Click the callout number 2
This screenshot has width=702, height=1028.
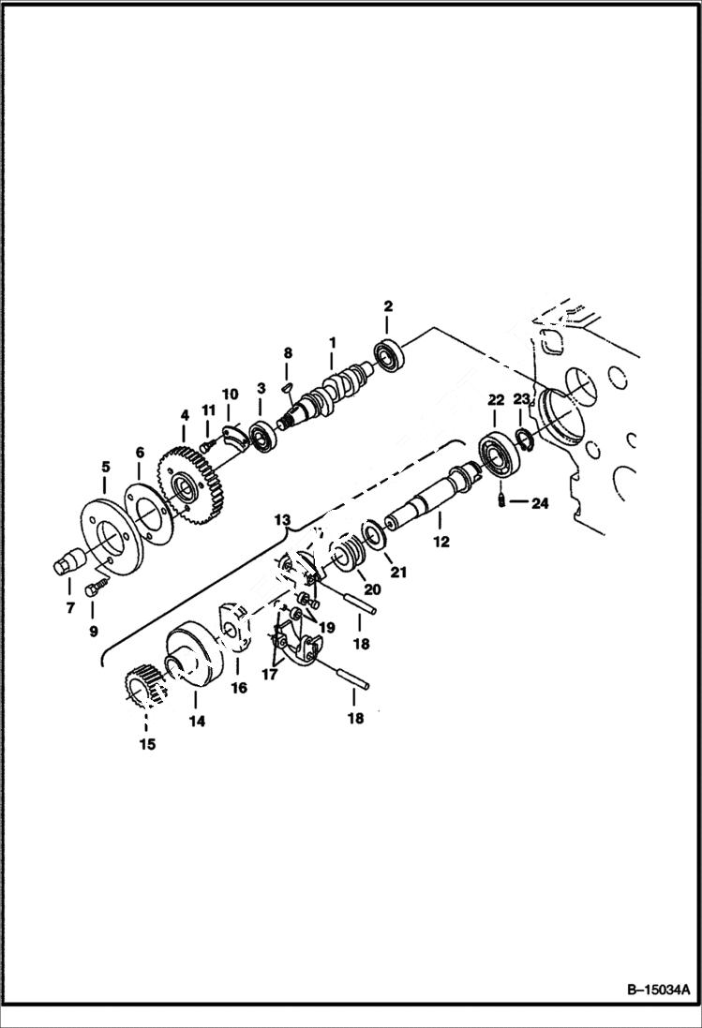[387, 306]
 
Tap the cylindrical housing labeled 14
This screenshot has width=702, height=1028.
[194, 660]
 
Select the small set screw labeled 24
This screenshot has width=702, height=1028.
[501, 503]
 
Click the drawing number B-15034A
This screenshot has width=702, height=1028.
[652, 990]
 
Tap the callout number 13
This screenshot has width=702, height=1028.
[282, 519]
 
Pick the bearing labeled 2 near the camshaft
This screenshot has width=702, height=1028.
[388, 355]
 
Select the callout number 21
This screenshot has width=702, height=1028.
[398, 573]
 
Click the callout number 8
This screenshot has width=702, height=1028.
[288, 353]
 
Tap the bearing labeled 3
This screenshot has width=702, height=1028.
[261, 436]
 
